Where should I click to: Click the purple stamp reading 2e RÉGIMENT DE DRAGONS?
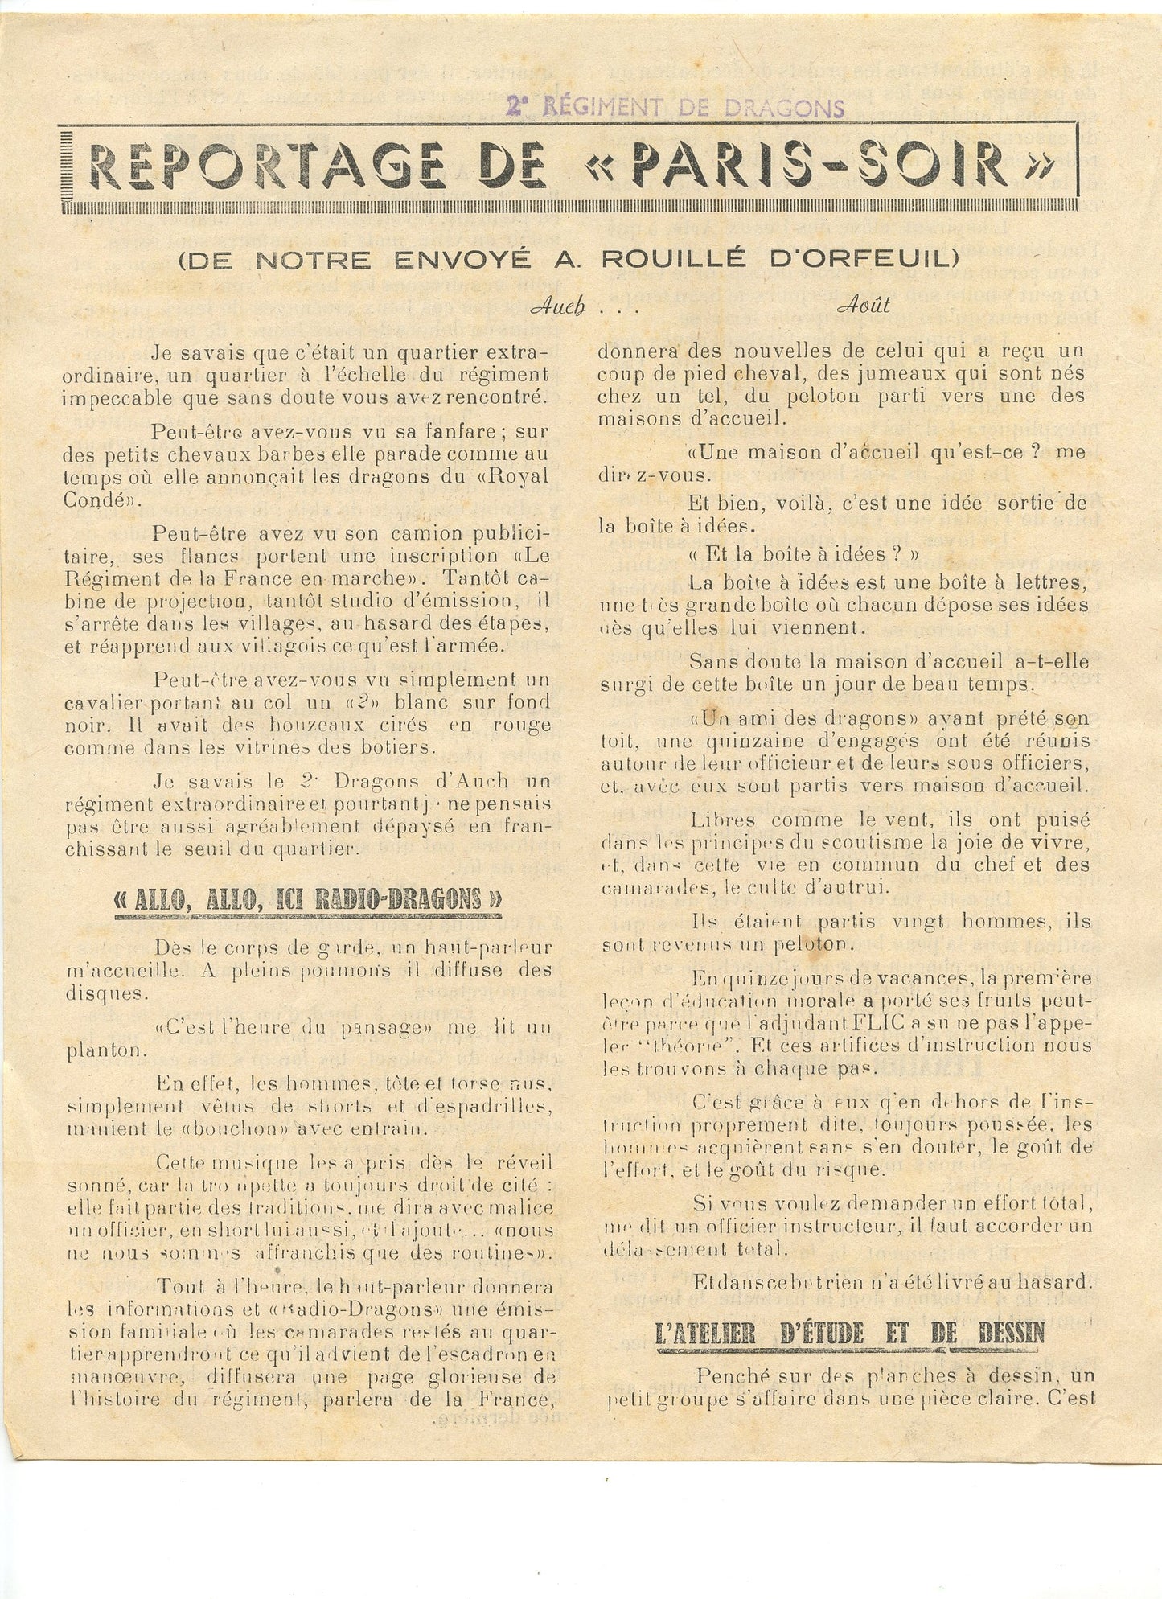click(x=675, y=106)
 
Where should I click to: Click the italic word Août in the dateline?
click(x=863, y=306)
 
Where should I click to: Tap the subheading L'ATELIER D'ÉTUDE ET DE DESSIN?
click(x=850, y=1333)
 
